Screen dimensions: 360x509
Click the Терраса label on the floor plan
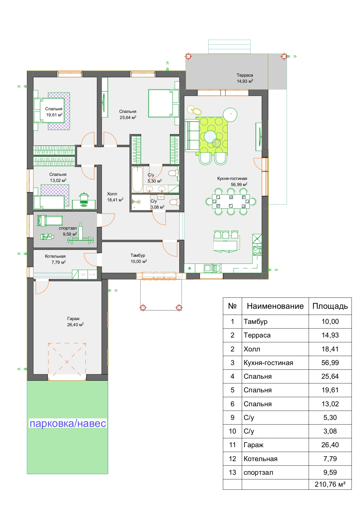tap(245, 75)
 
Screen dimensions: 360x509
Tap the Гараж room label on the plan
tap(73, 319)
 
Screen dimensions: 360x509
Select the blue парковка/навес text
tap(68, 423)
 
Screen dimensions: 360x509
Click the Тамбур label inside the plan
tap(138, 255)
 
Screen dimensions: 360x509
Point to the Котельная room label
tap(55, 256)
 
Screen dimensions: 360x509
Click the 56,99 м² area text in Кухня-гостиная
tap(239, 185)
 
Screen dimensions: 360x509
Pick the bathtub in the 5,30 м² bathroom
tap(137, 179)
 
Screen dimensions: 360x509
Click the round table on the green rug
tap(210, 137)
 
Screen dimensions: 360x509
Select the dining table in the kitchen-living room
tap(231, 201)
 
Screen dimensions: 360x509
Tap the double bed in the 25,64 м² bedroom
tap(163, 103)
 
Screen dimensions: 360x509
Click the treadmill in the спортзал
tap(50, 221)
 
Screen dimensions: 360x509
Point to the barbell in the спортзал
tap(81, 239)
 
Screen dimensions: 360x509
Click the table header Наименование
tap(275, 306)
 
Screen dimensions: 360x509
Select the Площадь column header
tap(330, 306)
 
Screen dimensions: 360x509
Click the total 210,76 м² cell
tap(330, 484)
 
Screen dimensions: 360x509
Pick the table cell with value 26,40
tap(330, 445)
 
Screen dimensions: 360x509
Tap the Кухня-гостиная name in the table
tap(268, 363)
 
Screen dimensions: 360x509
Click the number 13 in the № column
tap(232, 472)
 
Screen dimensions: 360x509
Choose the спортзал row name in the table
tap(258, 473)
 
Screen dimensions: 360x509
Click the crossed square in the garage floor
tap(67, 362)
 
